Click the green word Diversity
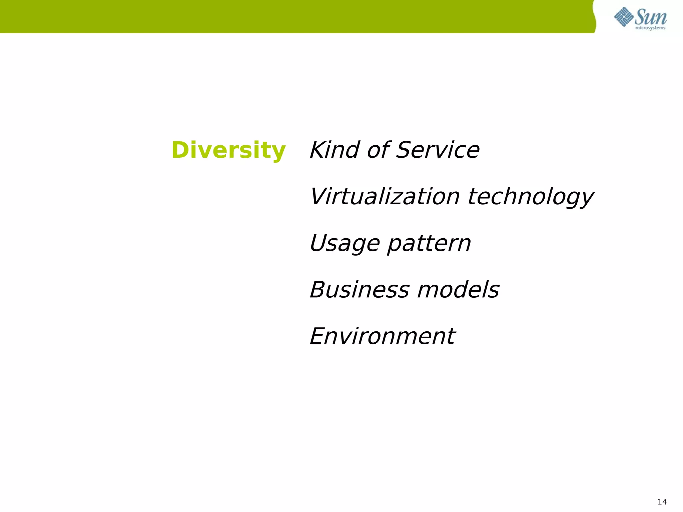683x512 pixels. point(228,150)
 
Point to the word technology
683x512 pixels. point(531,197)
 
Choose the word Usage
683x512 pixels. point(345,244)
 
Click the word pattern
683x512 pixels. point(429,244)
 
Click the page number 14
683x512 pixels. point(662,502)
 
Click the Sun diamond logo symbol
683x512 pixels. point(624,17)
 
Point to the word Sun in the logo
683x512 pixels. point(651,17)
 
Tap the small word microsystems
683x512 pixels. point(650,28)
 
